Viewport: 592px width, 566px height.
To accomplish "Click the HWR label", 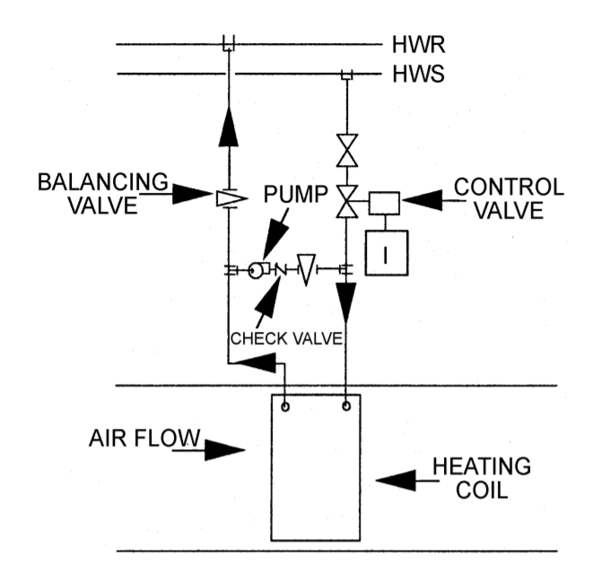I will coord(418,43).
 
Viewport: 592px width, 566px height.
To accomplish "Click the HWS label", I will coord(418,74).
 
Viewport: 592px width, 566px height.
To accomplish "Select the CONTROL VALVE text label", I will coord(509,198).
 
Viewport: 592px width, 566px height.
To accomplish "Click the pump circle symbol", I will coord(257,269).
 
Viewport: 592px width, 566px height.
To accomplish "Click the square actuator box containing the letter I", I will coord(387,254).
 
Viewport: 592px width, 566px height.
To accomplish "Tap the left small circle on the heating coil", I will coord(285,405).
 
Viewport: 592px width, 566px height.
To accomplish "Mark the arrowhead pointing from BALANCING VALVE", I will coord(193,192).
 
